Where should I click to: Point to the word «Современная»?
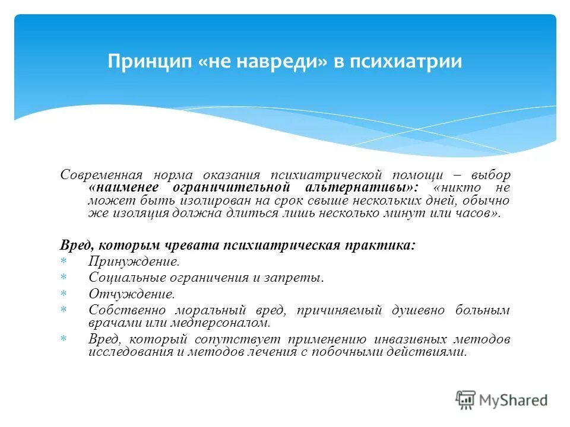(x=102, y=176)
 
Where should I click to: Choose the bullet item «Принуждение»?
(x=133, y=261)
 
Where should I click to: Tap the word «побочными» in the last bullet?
(x=361, y=352)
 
